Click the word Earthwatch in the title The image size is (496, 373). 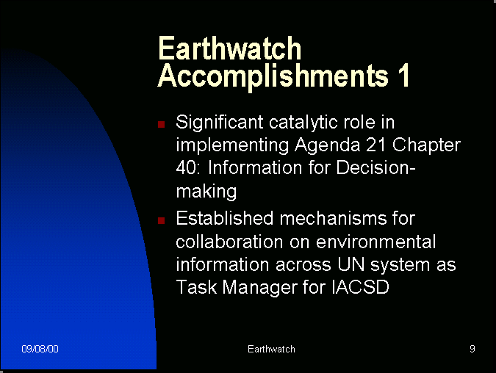229,48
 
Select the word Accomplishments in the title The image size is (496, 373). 273,77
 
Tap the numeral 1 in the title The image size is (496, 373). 404,75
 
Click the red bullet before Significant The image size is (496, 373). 162,124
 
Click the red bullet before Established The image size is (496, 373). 162,220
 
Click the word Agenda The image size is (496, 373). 328,146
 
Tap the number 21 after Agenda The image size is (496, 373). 376,145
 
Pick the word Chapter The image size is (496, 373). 426,145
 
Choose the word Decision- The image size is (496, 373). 375,167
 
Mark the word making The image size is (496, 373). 206,192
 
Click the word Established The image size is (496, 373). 225,218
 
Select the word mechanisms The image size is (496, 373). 333,218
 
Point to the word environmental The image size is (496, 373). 375,242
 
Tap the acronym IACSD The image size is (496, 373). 360,287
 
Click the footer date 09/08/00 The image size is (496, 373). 40,349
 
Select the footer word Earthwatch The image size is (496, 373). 271,349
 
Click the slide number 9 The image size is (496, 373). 472,349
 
